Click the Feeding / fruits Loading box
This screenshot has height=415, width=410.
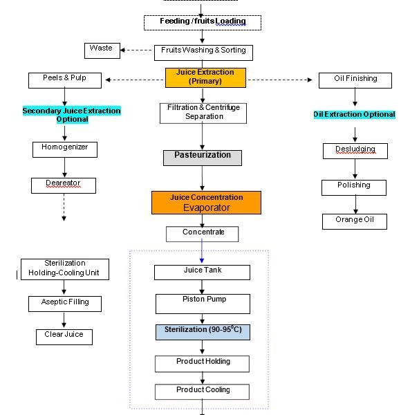[203, 22]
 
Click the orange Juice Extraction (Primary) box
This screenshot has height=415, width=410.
[205, 77]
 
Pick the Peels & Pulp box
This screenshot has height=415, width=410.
[66, 80]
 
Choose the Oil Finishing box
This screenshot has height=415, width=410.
[356, 80]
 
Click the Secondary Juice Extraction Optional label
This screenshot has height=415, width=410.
[71, 115]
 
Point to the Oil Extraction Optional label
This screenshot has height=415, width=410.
[355, 115]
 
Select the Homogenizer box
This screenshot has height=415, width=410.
[64, 149]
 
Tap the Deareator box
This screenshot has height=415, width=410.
[63, 185]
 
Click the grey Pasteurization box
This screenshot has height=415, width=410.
[203, 157]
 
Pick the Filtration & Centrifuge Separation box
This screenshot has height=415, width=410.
[203, 113]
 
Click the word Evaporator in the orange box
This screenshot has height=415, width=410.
[206, 208]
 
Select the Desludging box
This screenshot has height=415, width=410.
[355, 150]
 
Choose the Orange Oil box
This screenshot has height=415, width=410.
[354, 221]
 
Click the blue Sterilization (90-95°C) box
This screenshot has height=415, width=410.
[203, 331]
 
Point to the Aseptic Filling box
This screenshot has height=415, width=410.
[64, 303]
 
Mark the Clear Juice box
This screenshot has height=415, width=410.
[64, 336]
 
